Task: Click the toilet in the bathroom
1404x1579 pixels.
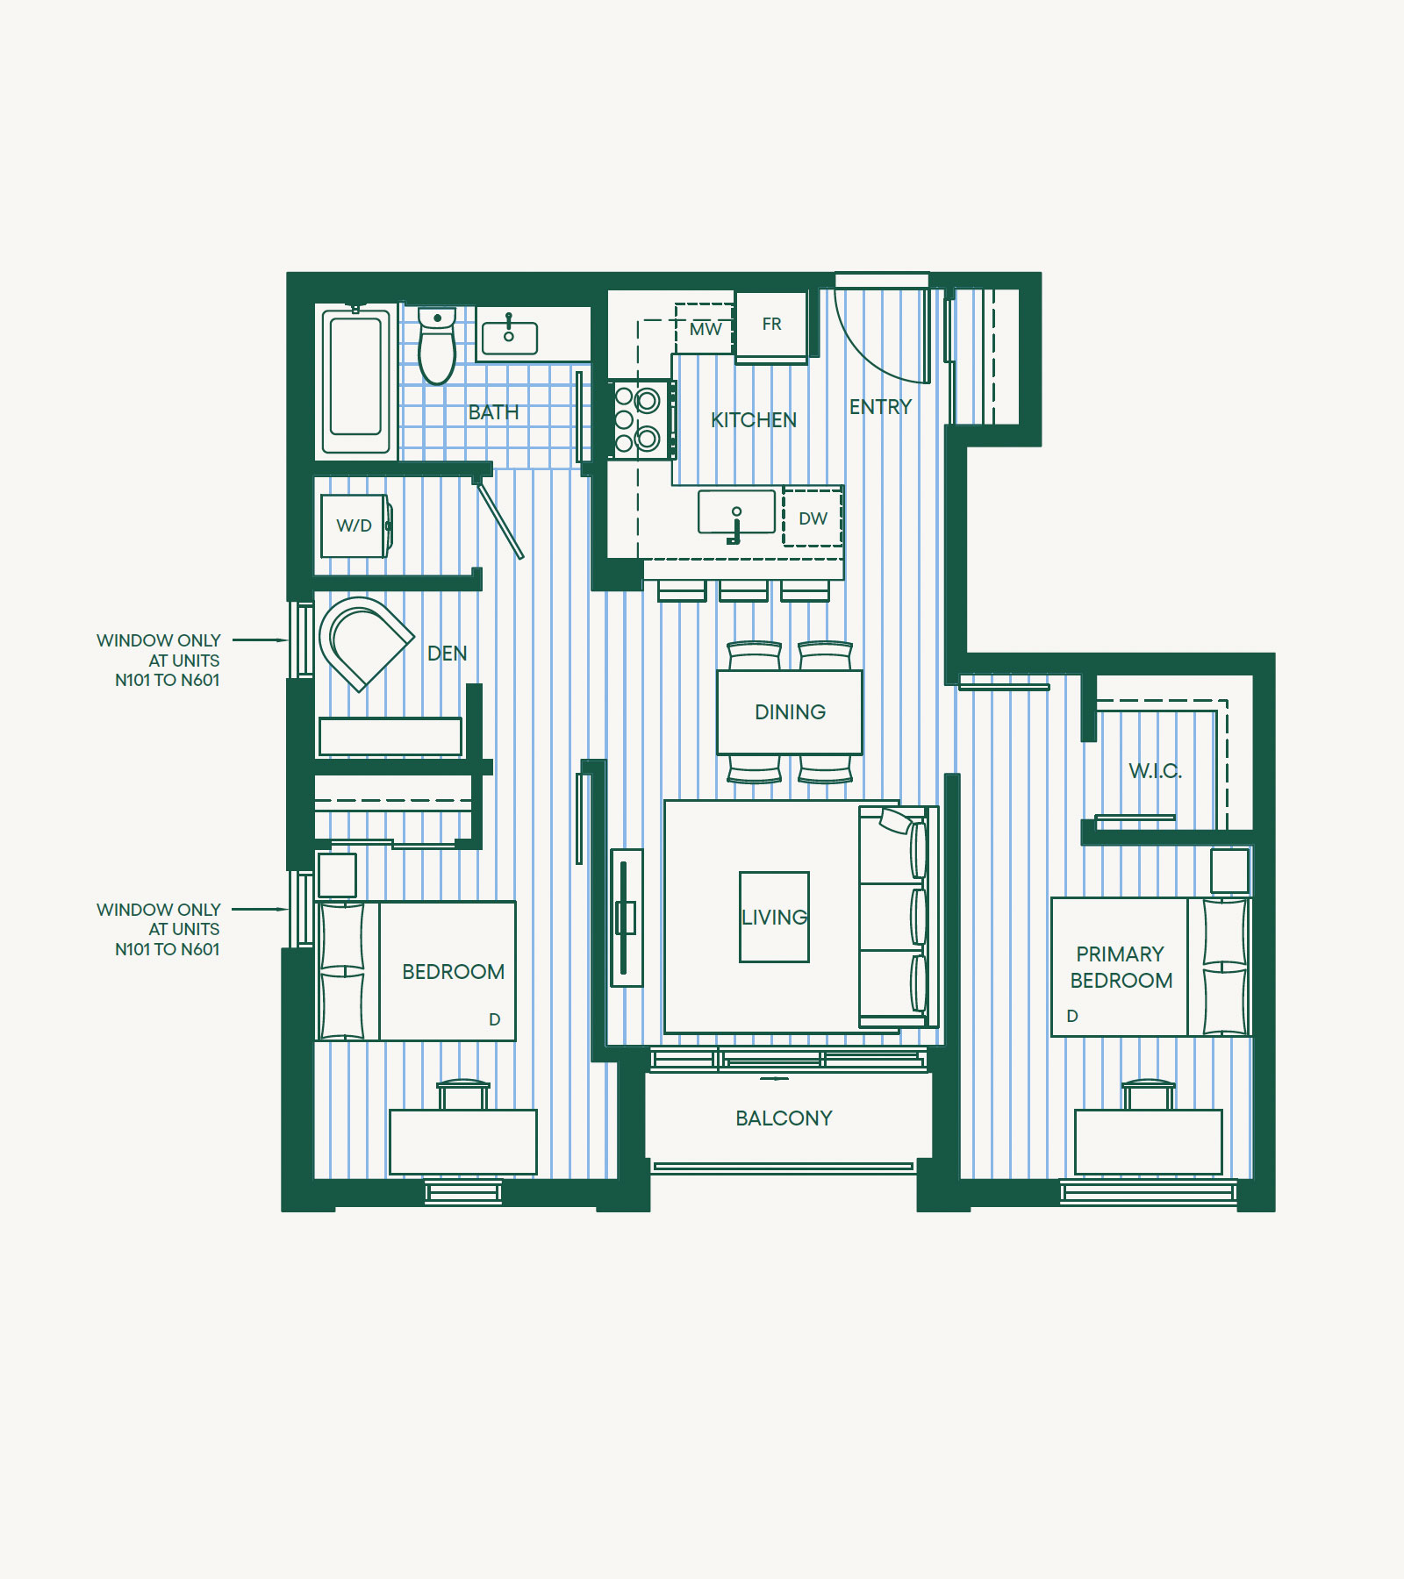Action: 437,346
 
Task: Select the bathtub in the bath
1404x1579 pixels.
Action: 355,378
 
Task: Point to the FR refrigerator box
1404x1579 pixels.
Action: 771,325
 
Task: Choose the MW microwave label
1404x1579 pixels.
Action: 706,329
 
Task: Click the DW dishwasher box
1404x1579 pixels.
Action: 813,518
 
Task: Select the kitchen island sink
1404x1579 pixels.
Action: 736,512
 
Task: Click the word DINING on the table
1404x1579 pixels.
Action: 790,712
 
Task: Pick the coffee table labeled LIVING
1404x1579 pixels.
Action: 774,917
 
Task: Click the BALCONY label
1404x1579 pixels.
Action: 784,1118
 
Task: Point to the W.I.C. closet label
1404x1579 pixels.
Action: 1155,771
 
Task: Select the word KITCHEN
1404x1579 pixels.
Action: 754,420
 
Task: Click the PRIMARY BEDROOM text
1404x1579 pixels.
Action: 1121,967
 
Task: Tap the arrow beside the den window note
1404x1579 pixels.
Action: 260,640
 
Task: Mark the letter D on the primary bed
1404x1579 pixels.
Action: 1072,1016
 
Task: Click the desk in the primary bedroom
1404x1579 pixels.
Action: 1148,1141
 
